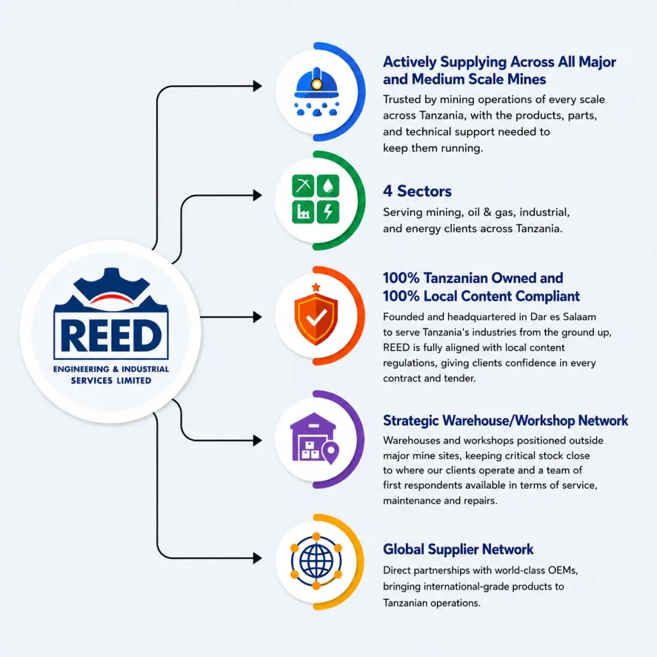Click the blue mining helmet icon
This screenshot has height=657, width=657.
pyautogui.click(x=316, y=91)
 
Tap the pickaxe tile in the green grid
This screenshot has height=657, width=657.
pyautogui.click(x=303, y=185)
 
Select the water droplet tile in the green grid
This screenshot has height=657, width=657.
pyautogui.click(x=328, y=185)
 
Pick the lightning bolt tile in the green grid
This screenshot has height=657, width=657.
pyautogui.click(x=328, y=212)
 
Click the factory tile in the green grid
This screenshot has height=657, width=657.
pyautogui.click(x=303, y=212)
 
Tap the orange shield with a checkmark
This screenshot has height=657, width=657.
pyautogui.click(x=316, y=319)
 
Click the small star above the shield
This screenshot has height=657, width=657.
pyautogui.click(x=316, y=287)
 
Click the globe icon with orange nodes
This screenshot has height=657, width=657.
pyautogui.click(x=316, y=561)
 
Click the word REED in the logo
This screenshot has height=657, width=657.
pyautogui.click(x=110, y=336)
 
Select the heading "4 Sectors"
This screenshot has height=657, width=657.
pyautogui.click(x=417, y=191)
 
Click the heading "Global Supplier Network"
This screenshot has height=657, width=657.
pyautogui.click(x=458, y=549)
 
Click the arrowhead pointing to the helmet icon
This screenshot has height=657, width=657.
pyautogui.click(x=257, y=87)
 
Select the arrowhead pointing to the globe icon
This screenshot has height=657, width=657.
pyautogui.click(x=257, y=558)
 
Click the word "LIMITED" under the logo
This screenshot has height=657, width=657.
pyautogui.click(x=133, y=380)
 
